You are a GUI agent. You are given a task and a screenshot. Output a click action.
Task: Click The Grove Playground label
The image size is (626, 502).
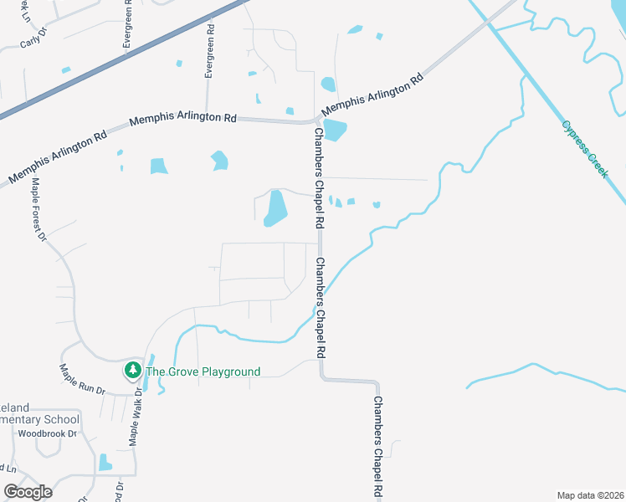[203, 371]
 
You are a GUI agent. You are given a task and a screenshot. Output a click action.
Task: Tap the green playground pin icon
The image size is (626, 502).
[132, 370]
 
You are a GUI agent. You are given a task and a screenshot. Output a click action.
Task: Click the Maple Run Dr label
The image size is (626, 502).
[81, 379]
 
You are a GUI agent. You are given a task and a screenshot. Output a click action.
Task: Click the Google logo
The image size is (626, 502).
[28, 491]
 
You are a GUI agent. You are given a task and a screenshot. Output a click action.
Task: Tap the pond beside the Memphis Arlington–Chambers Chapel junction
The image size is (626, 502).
[335, 131]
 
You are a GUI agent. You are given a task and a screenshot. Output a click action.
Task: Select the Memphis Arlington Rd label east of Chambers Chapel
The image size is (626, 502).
[373, 95]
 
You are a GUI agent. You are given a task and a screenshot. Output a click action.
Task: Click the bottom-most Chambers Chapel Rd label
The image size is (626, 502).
[379, 448]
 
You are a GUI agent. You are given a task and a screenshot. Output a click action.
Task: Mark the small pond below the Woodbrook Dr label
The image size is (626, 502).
[105, 462]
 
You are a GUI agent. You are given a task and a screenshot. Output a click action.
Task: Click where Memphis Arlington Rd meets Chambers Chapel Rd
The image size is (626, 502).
[318, 121]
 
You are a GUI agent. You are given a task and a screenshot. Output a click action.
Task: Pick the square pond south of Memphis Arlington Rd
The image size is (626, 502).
[159, 166]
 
